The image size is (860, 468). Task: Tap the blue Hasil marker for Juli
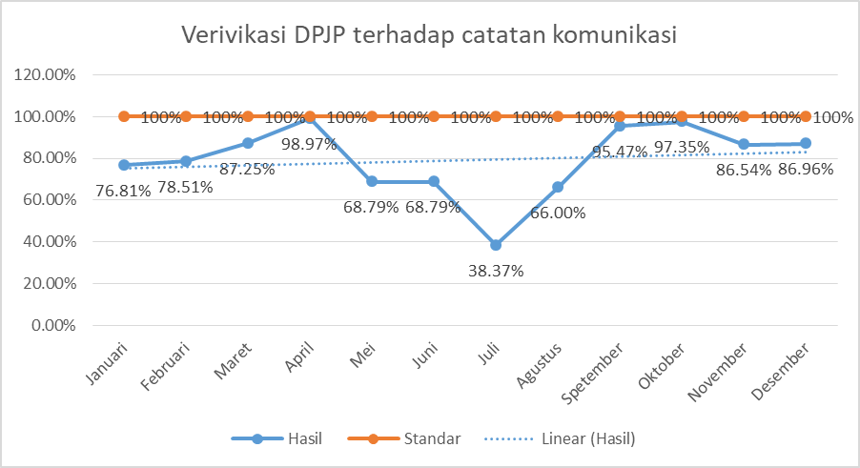click(x=496, y=245)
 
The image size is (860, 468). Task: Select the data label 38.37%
click(x=496, y=271)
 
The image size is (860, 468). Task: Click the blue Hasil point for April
click(x=310, y=118)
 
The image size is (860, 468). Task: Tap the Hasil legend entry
click(x=304, y=438)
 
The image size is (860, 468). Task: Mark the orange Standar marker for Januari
click(x=124, y=116)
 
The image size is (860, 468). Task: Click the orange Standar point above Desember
click(x=806, y=116)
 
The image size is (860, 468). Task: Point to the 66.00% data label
click(x=558, y=214)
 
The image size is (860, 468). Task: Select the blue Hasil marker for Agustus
click(x=558, y=188)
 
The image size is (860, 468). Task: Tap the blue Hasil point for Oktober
click(x=682, y=122)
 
